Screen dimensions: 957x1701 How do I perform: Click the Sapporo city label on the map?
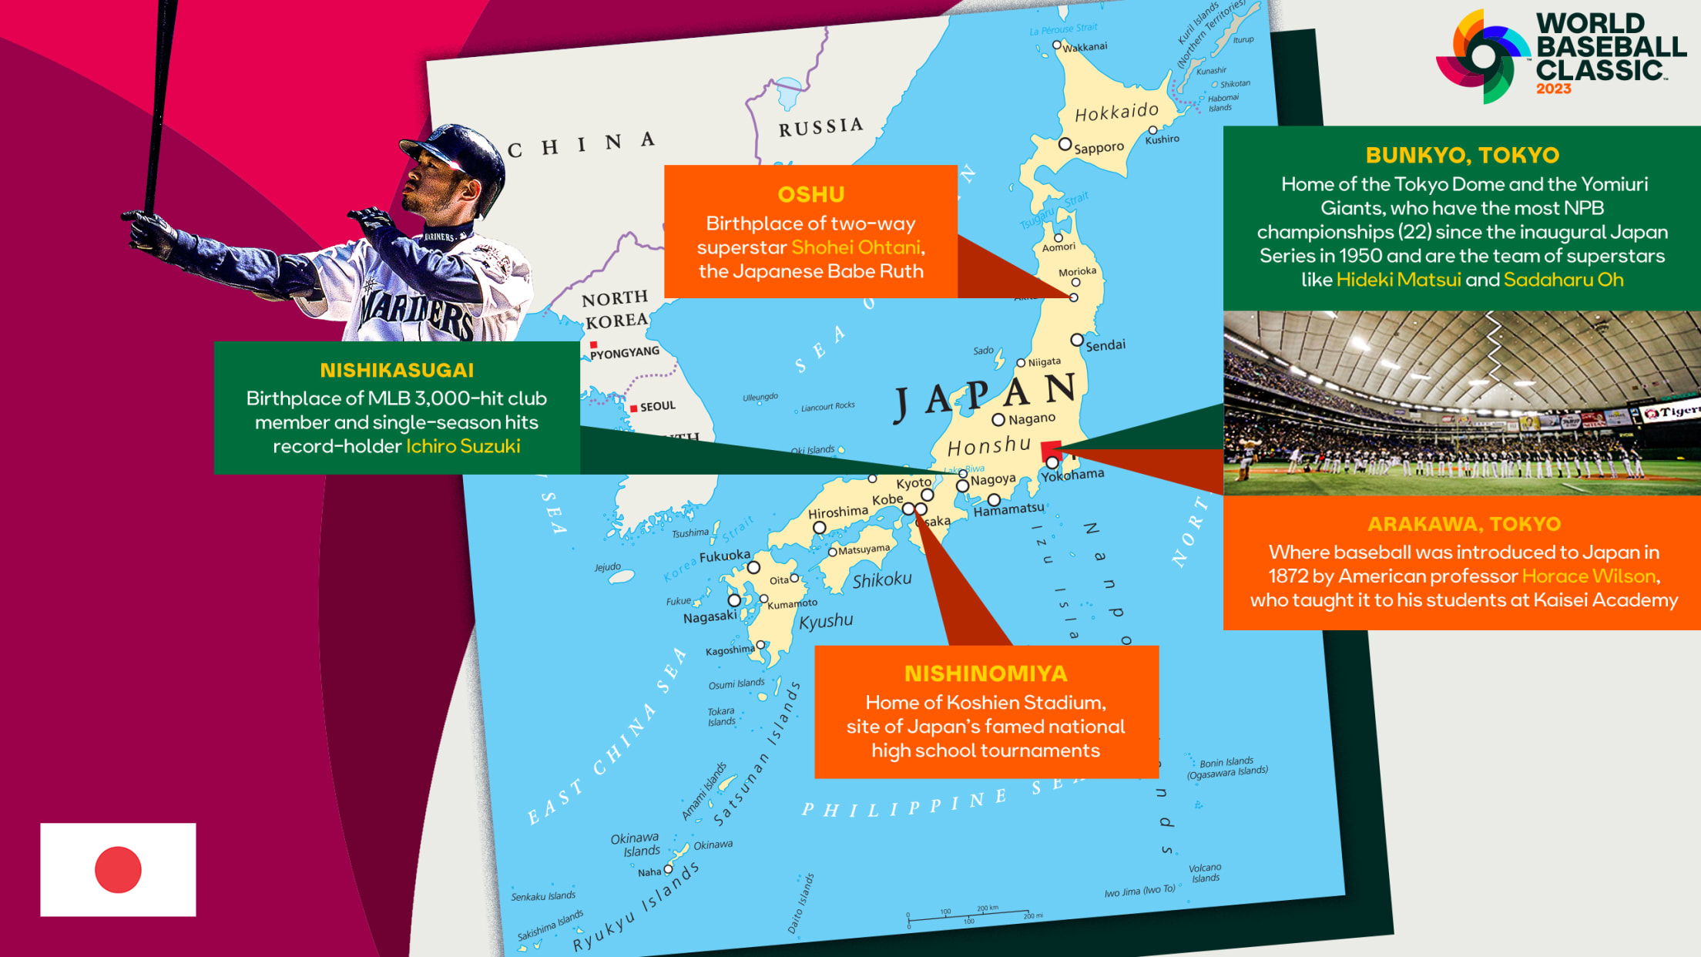click(x=1099, y=147)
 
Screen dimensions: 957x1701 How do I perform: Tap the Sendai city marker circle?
click(x=1077, y=340)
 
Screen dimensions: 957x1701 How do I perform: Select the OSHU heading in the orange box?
click(x=810, y=194)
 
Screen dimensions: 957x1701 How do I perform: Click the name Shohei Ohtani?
click(x=855, y=247)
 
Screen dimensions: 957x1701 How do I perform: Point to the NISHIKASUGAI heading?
click(x=397, y=370)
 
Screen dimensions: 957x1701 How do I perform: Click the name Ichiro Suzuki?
click(x=463, y=446)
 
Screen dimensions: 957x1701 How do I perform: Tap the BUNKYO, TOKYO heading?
click(x=1461, y=155)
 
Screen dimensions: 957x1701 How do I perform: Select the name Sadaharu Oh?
click(x=1563, y=280)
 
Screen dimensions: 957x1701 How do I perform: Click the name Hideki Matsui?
click(x=1398, y=280)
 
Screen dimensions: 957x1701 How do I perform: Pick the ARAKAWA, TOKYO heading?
click(x=1464, y=524)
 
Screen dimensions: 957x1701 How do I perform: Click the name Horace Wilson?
click(x=1589, y=576)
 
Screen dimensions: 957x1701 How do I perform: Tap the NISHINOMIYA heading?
click(x=985, y=673)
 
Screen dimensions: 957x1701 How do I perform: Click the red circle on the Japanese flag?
click(x=118, y=870)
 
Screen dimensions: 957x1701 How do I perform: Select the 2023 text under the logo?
click(x=1553, y=89)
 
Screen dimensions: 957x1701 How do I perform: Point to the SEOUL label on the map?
click(x=657, y=406)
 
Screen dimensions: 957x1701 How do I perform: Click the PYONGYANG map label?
click(x=625, y=352)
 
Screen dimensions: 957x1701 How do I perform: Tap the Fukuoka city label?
click(x=724, y=556)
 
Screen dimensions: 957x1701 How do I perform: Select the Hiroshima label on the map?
click(x=837, y=512)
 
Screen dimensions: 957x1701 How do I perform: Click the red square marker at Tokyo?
click(x=1051, y=449)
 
